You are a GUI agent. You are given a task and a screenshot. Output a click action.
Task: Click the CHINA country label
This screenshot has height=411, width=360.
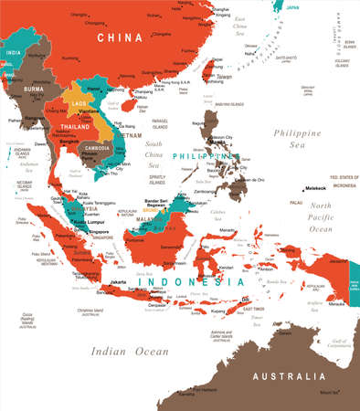point(120,37)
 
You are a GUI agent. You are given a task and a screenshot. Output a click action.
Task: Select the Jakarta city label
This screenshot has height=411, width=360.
point(118,282)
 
